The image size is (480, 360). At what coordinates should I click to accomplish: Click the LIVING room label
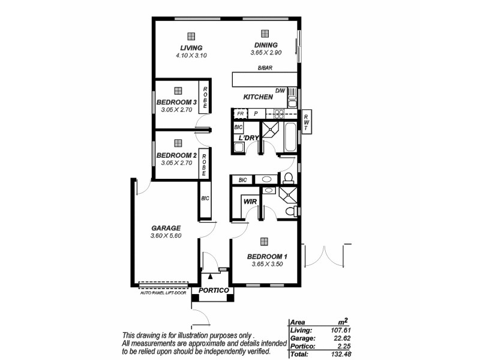[x=191, y=48]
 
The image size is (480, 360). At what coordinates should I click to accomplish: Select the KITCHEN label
[x=258, y=97]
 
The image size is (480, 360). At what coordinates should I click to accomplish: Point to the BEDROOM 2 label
[x=176, y=155]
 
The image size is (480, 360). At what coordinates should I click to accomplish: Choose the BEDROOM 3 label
[x=176, y=103]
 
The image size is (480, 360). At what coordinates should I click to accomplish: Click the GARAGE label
[x=166, y=229]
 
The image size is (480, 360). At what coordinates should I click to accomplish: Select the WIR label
[x=250, y=202]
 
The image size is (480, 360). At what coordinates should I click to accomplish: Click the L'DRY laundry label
[x=248, y=138]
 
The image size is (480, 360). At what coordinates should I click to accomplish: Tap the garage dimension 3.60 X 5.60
[x=166, y=236]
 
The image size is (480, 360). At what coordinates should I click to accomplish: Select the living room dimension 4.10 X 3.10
[x=191, y=55]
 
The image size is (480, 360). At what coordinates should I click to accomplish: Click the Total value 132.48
[x=340, y=355]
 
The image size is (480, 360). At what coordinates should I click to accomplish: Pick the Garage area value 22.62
[x=341, y=338]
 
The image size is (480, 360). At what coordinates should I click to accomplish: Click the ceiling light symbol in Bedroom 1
[x=264, y=241]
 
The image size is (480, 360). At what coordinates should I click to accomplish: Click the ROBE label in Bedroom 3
[x=205, y=98]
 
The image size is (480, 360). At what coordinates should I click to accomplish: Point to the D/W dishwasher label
[x=280, y=91]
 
